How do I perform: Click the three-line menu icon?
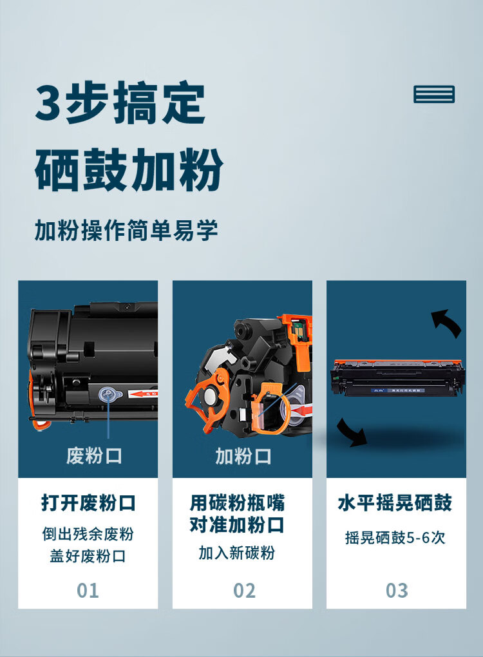point(434,94)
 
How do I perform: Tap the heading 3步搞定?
point(120,102)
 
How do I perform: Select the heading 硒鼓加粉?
point(129,169)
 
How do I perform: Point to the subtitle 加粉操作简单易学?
point(126,230)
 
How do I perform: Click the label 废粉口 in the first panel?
point(94,455)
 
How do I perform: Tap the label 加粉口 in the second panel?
point(243,456)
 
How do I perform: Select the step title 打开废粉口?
point(88,503)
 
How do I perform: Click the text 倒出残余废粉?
point(88,534)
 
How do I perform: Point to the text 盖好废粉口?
point(88,556)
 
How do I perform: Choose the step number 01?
point(88,591)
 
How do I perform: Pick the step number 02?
point(244,591)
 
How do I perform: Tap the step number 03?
point(397,591)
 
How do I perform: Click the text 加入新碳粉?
point(237,553)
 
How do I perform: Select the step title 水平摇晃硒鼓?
point(395,503)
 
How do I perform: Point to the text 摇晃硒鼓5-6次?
point(395,537)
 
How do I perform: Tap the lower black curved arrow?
point(350,432)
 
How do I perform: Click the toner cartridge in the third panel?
point(397,377)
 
